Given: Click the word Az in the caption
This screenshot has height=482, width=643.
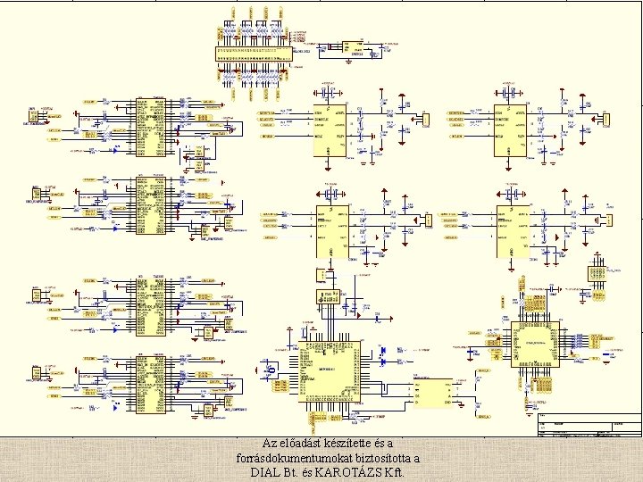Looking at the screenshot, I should tap(270, 444).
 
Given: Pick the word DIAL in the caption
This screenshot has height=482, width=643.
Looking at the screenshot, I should tap(265, 472).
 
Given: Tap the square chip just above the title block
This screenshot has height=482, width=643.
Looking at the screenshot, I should tap(535, 345).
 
